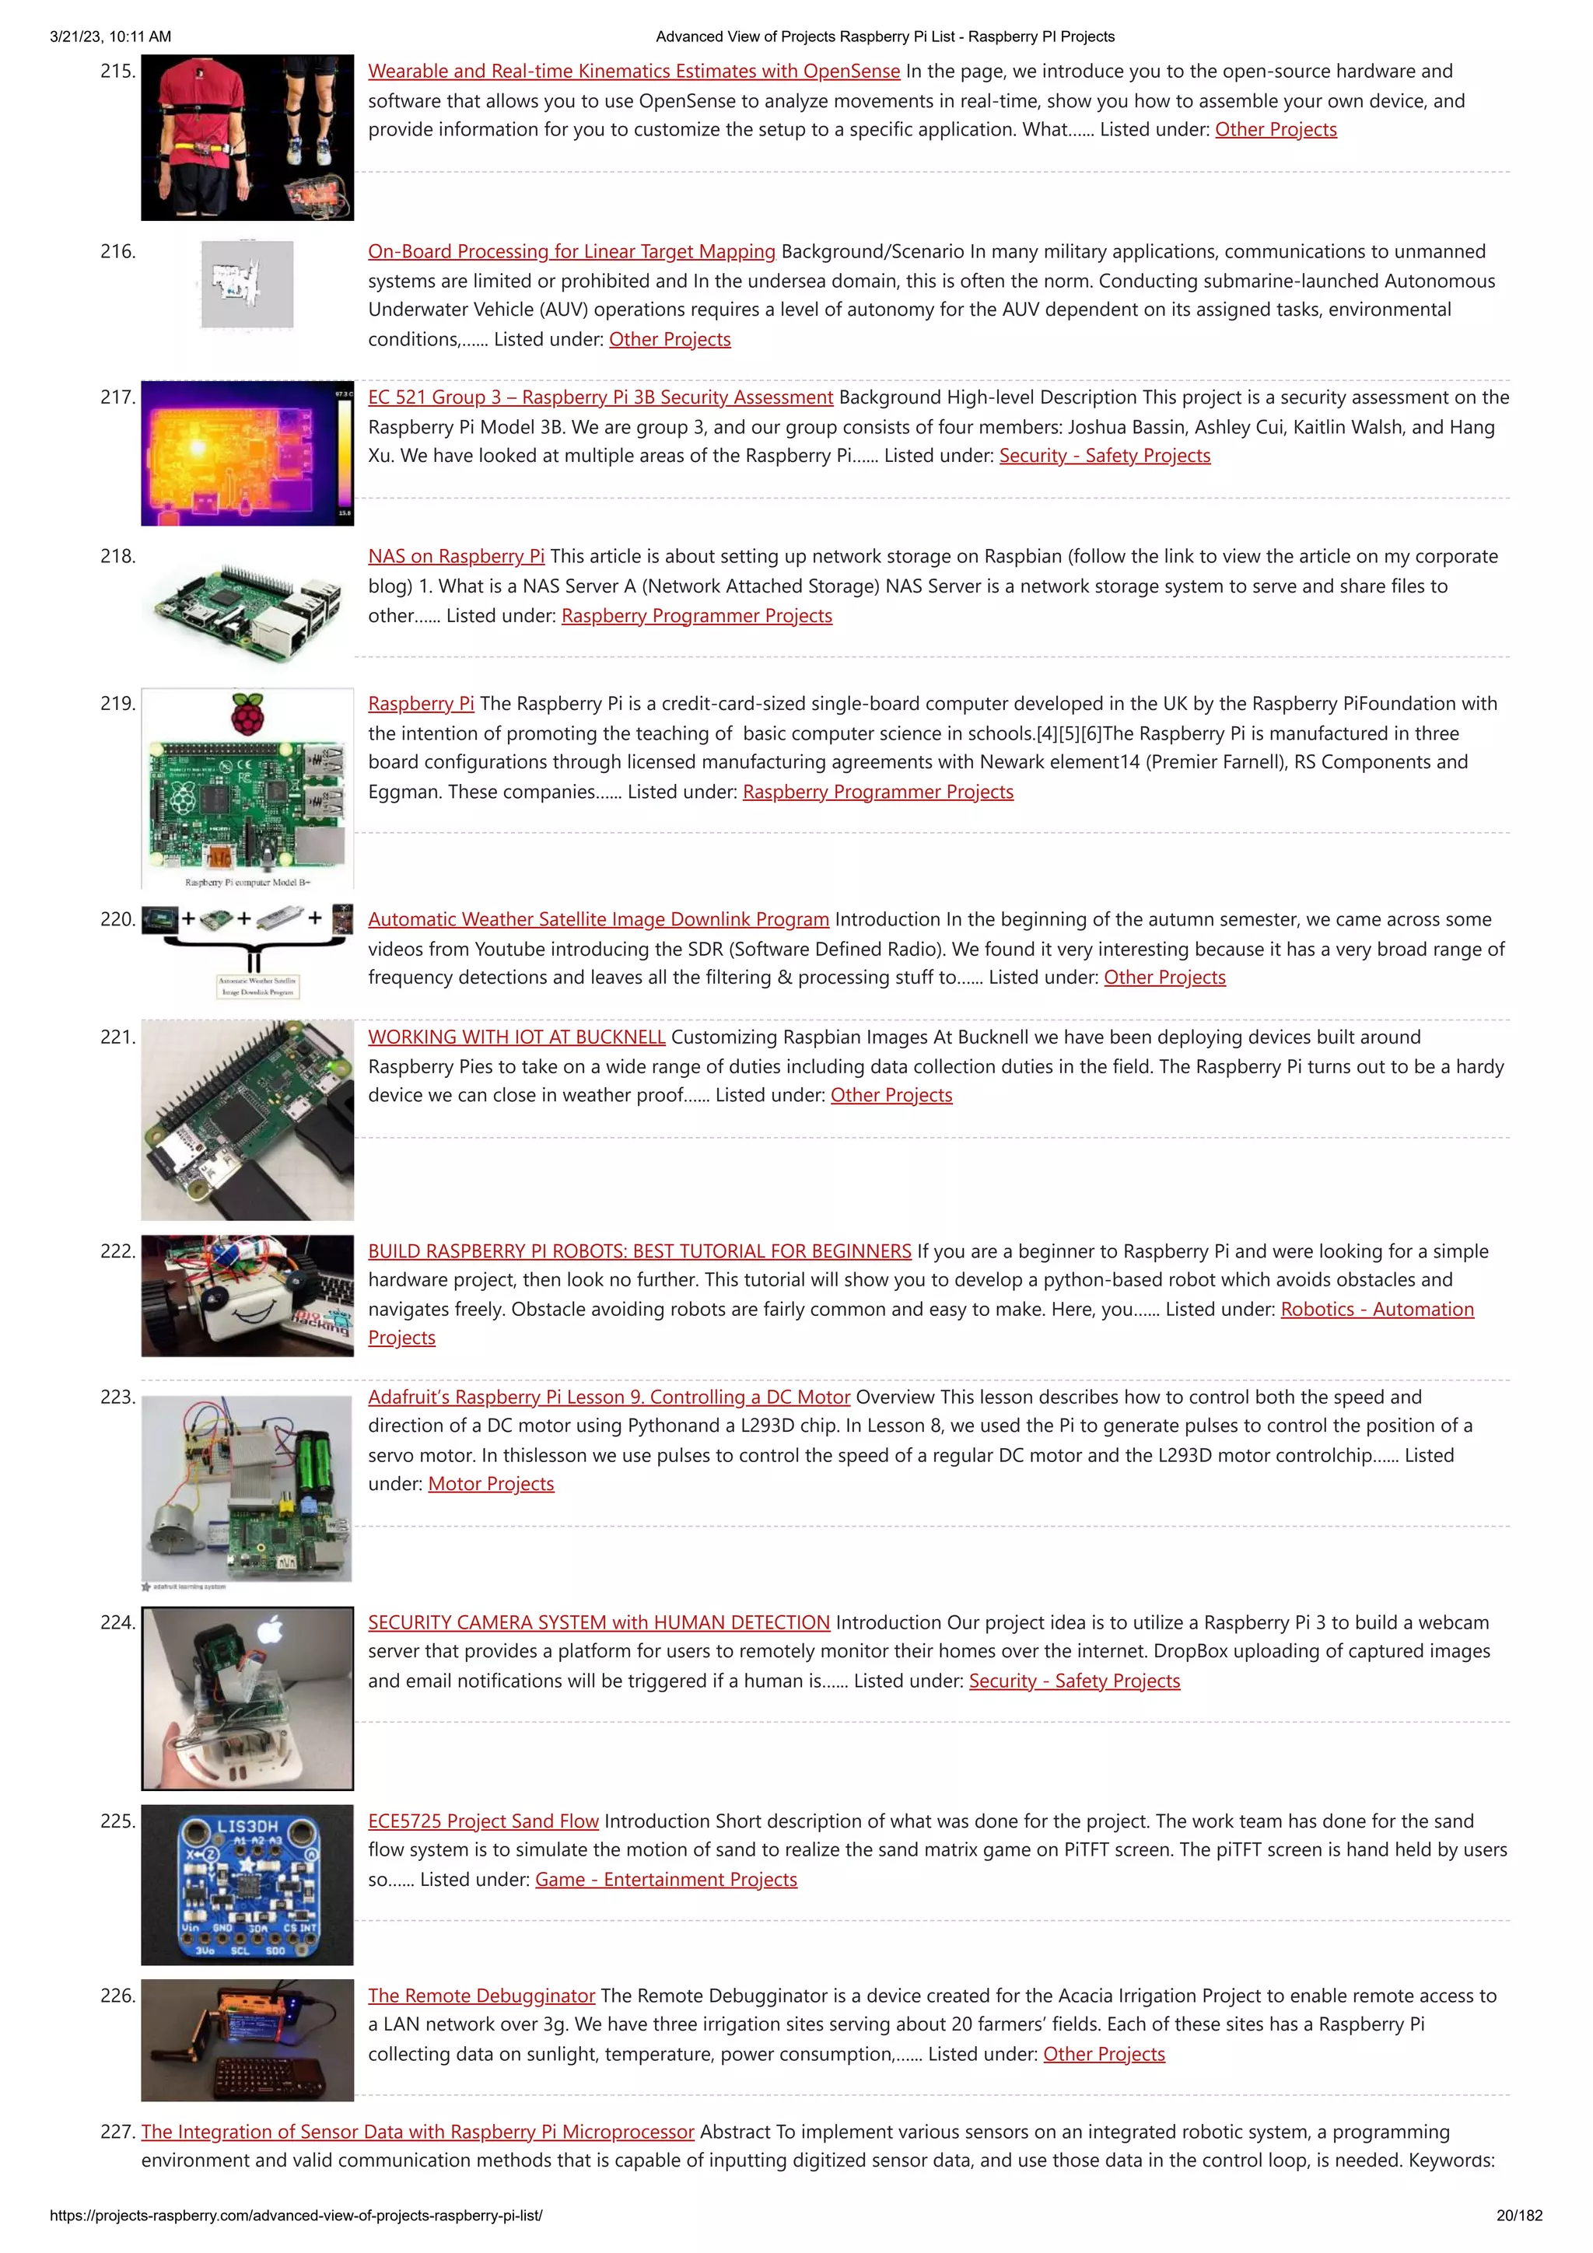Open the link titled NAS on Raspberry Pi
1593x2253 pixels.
pyautogui.click(x=456, y=556)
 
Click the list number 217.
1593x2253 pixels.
pyautogui.click(x=117, y=397)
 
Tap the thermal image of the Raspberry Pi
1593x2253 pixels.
pyautogui.click(x=247, y=453)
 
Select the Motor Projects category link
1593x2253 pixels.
pyautogui.click(x=491, y=1484)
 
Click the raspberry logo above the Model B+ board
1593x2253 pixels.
pyautogui.click(x=247, y=713)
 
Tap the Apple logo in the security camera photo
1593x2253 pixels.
pyautogui.click(x=271, y=1631)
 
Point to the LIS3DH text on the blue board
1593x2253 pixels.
pyautogui.click(x=247, y=1826)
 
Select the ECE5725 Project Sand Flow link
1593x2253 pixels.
pyautogui.click(x=483, y=1821)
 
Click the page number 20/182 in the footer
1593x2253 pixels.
pyautogui.click(x=1518, y=2215)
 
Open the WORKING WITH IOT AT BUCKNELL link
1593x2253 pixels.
pyautogui.click(x=516, y=1037)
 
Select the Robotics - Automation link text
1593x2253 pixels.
pyautogui.click(x=1376, y=1309)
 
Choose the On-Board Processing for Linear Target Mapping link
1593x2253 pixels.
pyautogui.click(x=571, y=251)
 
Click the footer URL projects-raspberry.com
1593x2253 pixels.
pyautogui.click(x=296, y=2215)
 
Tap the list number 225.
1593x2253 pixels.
pyautogui.click(x=117, y=1821)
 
